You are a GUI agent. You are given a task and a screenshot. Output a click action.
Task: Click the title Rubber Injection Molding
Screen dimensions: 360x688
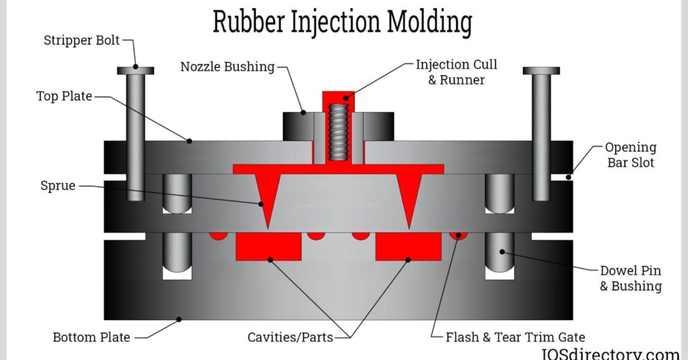click(x=342, y=21)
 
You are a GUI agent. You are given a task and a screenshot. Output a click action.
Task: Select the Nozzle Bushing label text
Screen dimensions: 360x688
click(x=227, y=67)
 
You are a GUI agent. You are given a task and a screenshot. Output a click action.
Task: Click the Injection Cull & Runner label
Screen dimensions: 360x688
click(x=456, y=72)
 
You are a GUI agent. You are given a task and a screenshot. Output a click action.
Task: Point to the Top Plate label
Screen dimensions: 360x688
click(x=64, y=96)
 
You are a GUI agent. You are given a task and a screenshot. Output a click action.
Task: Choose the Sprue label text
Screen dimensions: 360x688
click(x=58, y=186)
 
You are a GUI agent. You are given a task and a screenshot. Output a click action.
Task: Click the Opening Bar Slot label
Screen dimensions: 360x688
click(x=630, y=155)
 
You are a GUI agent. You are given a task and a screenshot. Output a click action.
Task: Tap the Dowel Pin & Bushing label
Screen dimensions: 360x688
click(x=630, y=278)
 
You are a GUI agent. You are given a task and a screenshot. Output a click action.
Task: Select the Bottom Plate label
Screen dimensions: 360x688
click(x=91, y=337)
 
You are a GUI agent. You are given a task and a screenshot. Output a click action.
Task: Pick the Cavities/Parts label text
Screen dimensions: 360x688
click(x=290, y=337)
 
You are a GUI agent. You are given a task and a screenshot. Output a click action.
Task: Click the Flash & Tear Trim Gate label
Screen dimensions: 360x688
click(x=516, y=337)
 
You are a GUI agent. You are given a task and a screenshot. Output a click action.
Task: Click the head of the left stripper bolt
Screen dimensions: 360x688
click(x=136, y=70)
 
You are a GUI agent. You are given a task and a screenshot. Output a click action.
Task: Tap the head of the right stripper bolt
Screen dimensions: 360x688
click(x=541, y=70)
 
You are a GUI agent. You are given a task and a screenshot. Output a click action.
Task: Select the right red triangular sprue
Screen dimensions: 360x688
click(x=409, y=197)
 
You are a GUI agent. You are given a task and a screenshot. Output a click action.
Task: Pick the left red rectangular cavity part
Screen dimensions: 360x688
click(x=268, y=246)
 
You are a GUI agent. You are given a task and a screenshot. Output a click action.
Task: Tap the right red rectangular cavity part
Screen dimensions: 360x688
click(x=408, y=246)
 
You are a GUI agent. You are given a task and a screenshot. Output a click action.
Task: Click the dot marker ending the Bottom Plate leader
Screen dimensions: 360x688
click(x=179, y=319)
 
